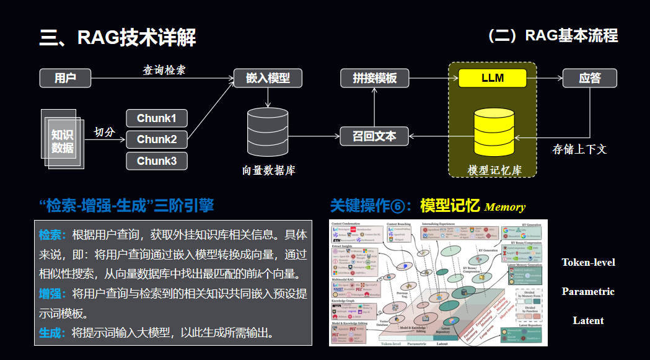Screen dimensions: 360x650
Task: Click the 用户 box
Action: click(65, 78)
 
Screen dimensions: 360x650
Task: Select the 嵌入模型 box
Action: click(268, 78)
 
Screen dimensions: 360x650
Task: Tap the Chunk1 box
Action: click(156, 118)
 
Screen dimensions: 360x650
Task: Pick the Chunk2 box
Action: click(156, 139)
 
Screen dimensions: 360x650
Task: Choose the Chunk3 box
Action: click(156, 161)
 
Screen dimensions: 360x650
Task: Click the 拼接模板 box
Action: click(375, 78)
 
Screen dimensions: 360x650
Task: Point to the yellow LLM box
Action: click(493, 78)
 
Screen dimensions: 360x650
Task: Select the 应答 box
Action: click(590, 78)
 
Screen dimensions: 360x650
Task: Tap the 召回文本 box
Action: click(374, 136)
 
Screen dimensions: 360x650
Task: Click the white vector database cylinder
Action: click(268, 131)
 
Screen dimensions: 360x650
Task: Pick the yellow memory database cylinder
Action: click(494, 133)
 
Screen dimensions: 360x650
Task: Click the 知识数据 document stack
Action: click(62, 140)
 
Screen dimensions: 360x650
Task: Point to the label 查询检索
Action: click(164, 70)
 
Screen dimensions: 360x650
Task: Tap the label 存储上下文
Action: click(579, 149)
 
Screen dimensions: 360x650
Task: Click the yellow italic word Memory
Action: click(504, 207)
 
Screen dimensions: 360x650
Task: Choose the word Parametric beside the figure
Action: click(588, 291)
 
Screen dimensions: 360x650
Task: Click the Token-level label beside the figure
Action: click(588, 262)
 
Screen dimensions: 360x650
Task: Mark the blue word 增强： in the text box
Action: click(55, 293)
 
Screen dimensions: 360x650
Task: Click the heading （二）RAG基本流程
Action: click(553, 35)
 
